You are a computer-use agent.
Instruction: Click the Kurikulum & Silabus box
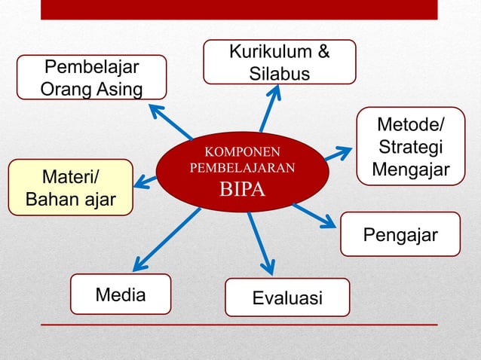[x=279, y=62]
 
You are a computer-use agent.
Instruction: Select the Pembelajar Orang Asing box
[x=92, y=78]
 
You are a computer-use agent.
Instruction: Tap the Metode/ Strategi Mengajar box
[x=410, y=146]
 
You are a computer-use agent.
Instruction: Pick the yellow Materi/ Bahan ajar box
[x=69, y=188]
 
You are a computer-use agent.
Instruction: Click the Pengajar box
[x=400, y=234]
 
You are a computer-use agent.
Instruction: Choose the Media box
[x=121, y=294]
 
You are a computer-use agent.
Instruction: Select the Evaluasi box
[x=287, y=297]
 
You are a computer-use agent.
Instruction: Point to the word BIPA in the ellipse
[x=242, y=188]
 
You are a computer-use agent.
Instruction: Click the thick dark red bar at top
[x=238, y=9]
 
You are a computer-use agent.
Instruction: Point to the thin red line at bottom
[x=238, y=325]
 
